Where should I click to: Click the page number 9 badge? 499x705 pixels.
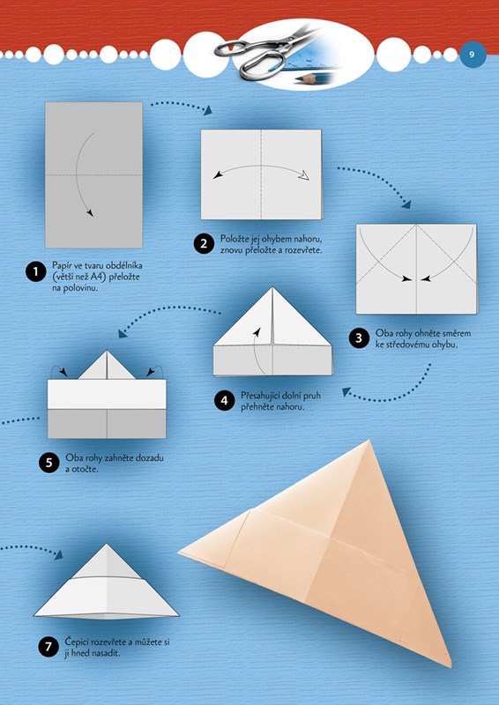473,55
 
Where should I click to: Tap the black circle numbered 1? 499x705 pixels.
35,272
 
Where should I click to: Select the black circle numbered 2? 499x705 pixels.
204,244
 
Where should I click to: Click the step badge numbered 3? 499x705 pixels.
359,338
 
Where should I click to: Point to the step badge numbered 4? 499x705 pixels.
224,400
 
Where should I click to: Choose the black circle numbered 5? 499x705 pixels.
49,463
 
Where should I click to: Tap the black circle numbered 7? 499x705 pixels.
48,647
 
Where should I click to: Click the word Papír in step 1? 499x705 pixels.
61,266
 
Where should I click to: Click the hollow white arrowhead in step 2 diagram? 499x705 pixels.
306,175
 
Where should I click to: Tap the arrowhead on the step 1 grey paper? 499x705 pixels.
91,212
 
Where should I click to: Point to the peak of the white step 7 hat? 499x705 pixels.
106,545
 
